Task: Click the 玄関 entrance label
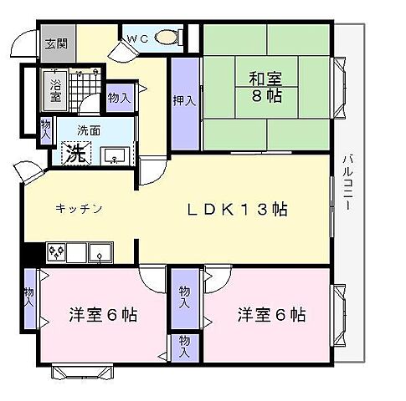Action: pyautogui.click(x=56, y=43)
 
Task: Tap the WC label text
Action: pyautogui.click(x=138, y=38)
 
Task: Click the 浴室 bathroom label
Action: pyautogui.click(x=55, y=89)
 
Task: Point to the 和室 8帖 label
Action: pyautogui.click(x=265, y=88)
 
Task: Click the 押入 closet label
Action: pyautogui.click(x=184, y=101)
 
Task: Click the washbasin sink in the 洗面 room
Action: pyautogui.click(x=115, y=155)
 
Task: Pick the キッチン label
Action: pyautogui.click(x=79, y=209)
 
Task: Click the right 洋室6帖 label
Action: pyautogui.click(x=270, y=316)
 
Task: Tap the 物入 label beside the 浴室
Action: pyautogui.click(x=119, y=99)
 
